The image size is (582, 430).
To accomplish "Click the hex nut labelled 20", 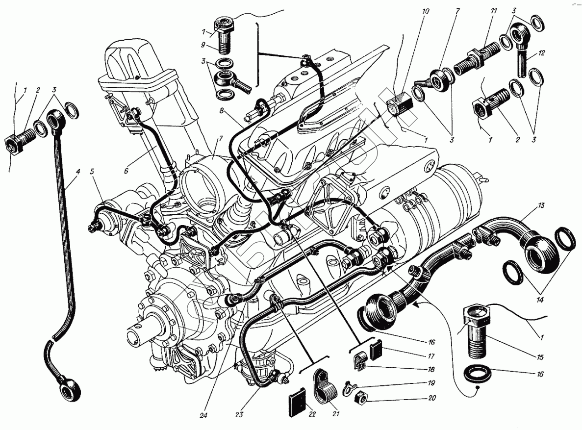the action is [x=360, y=395].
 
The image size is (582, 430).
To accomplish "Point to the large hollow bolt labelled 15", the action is [x=477, y=333].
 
